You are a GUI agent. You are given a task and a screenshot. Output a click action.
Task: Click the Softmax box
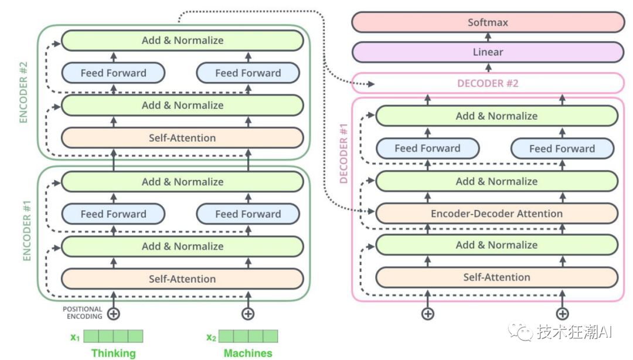pyautogui.click(x=488, y=23)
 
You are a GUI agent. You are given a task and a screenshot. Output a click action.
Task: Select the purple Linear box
pyautogui.click(x=488, y=52)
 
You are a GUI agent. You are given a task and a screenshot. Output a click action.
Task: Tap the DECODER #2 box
pyautogui.click(x=488, y=83)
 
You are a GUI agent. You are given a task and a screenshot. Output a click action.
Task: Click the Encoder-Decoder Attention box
pyautogui.click(x=496, y=214)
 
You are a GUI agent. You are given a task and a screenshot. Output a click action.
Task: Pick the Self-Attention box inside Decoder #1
pyautogui.click(x=496, y=277)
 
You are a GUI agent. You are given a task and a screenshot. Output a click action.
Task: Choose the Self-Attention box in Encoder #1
pyautogui.click(x=182, y=279)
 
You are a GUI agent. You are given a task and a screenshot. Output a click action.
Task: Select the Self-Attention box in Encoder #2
pyautogui.click(x=182, y=138)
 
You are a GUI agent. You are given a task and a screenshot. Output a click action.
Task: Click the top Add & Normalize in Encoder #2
pyautogui.click(x=182, y=40)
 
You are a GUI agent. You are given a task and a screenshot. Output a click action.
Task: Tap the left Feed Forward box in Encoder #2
pyautogui.click(x=113, y=73)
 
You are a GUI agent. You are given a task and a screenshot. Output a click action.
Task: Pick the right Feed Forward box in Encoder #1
pyautogui.click(x=248, y=214)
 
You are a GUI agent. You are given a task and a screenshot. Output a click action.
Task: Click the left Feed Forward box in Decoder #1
pyautogui.click(x=427, y=148)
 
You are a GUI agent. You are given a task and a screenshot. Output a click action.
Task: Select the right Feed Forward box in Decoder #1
pyautogui.click(x=562, y=148)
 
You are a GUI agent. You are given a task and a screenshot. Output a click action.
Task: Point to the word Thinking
pyautogui.click(x=113, y=353)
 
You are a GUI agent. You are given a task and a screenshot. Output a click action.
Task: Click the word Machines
pyautogui.click(x=248, y=353)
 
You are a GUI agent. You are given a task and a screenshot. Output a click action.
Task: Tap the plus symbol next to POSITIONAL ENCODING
pyautogui.click(x=114, y=314)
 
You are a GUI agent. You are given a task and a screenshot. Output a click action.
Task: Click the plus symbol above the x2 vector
pyautogui.click(x=249, y=314)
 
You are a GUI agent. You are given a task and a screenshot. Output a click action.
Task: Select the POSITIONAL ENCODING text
pyautogui.click(x=83, y=313)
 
